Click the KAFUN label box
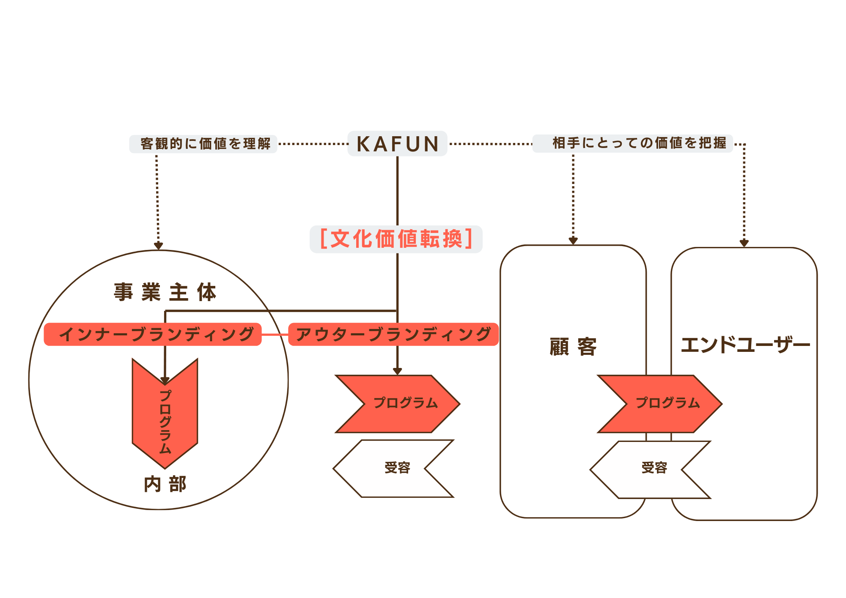397,144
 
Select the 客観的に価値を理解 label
203,144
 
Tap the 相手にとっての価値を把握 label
633,143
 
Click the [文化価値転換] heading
396,239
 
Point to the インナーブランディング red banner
153,335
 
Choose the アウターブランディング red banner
393,335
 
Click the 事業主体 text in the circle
165,292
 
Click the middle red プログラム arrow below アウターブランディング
398,403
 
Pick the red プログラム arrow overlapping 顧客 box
660,403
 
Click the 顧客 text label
573,347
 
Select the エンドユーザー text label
745,345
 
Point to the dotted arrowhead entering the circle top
158,245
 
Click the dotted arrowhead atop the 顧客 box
573,241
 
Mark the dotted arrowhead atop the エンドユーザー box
744,243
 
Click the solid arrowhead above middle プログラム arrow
397,371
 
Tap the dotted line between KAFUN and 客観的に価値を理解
312,144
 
